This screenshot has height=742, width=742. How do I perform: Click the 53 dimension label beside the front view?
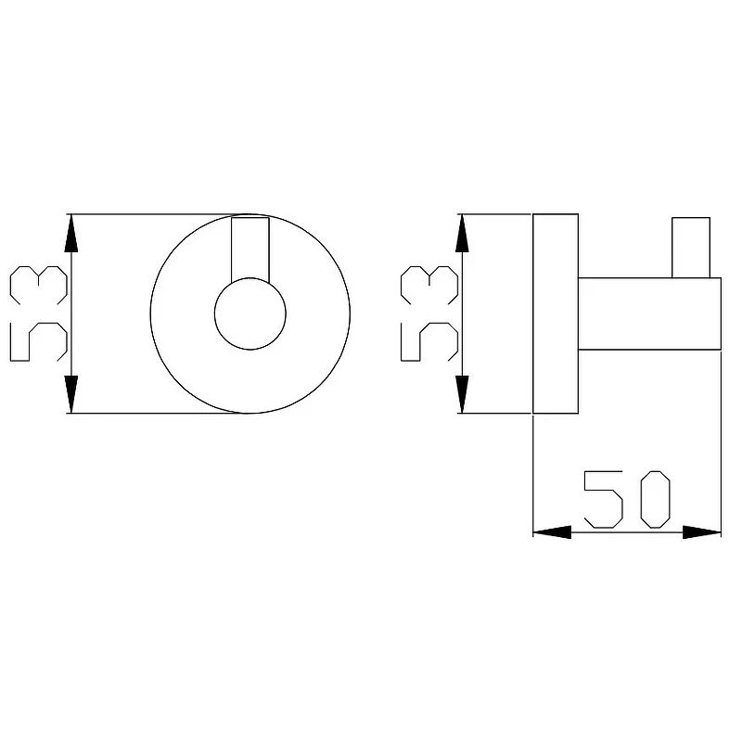[38, 313]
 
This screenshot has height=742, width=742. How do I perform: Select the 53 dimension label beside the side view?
[429, 313]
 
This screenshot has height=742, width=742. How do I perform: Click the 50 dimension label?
[627, 499]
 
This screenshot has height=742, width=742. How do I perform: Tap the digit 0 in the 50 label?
[656, 499]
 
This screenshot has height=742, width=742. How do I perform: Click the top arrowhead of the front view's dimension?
[71, 233]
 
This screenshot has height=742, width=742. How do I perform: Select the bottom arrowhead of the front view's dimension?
[71, 394]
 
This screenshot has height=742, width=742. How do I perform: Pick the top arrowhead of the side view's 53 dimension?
[462, 233]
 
